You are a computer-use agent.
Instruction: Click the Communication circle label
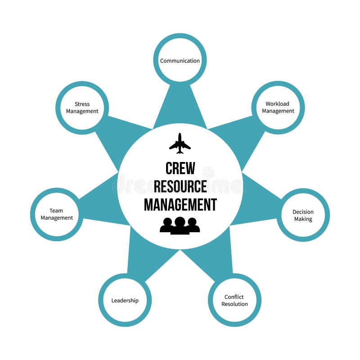180,61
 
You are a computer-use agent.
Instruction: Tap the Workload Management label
278,108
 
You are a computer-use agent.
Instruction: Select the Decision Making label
303,216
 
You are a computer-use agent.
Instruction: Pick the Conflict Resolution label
234,300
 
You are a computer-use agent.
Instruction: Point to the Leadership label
125,301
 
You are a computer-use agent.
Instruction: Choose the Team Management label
57,214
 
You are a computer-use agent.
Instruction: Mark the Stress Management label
82,108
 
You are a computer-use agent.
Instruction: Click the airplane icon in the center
180,144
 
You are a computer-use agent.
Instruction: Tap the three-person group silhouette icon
180,225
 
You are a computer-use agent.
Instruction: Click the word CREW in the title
180,168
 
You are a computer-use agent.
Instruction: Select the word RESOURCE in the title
180,186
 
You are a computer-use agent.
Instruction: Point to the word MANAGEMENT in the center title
180,204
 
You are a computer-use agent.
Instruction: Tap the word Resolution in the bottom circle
234,304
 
